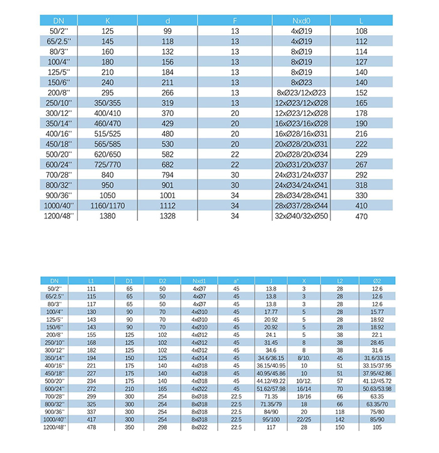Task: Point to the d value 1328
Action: point(167,216)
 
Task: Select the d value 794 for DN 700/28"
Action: point(167,174)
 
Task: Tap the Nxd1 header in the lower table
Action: point(199,280)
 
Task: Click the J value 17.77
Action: point(271,311)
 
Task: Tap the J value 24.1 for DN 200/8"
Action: point(271,335)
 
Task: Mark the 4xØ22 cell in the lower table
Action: point(199,389)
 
